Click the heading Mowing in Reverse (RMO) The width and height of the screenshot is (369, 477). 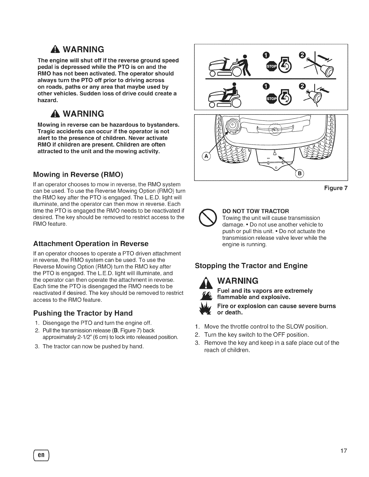point(78,174)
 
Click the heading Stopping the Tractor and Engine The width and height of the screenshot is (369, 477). point(251,266)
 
